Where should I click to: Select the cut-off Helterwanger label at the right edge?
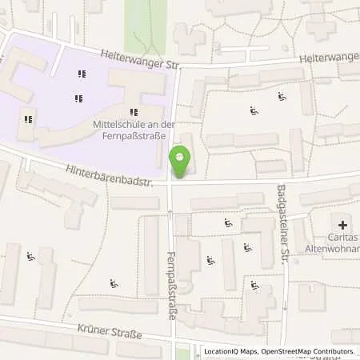(330, 58)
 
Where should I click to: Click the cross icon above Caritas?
(343, 226)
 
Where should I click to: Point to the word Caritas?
(342, 238)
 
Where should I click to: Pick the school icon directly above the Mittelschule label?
(133, 112)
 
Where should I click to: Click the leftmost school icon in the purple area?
(28, 120)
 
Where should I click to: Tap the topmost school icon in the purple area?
(81, 74)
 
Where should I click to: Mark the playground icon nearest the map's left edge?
(30, 257)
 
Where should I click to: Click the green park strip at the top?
(157, 24)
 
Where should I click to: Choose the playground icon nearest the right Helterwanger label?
(282, 97)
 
